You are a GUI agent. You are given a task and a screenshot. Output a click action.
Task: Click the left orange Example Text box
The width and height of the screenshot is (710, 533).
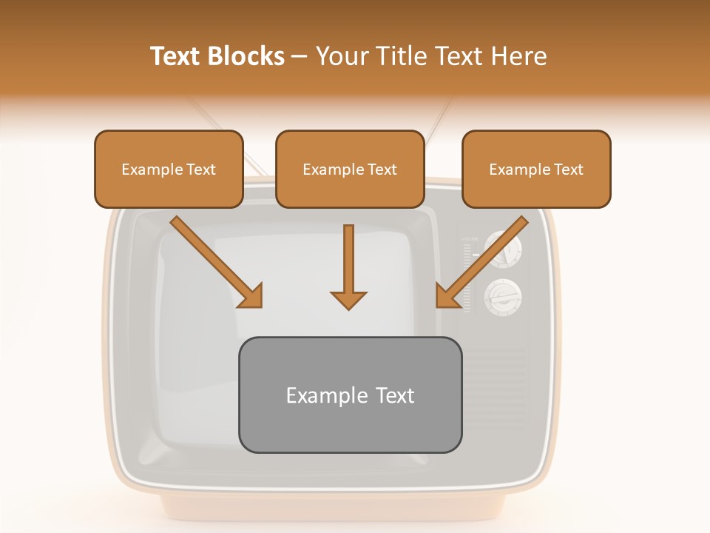tap(169, 169)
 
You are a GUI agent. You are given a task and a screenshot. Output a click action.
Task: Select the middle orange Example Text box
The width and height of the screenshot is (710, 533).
tap(350, 169)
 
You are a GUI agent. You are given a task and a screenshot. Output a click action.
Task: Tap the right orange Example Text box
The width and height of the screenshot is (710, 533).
tap(536, 169)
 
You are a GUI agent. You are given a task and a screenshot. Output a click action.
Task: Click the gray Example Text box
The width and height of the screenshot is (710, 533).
tap(350, 395)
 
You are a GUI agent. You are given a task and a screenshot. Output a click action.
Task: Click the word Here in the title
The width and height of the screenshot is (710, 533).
tap(520, 56)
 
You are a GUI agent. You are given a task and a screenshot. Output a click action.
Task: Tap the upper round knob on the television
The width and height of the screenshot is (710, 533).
tap(503, 250)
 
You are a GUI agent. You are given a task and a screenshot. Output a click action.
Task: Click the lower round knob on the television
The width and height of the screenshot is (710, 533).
tap(503, 296)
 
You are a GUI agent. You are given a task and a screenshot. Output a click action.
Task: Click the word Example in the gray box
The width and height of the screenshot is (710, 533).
tap(317, 396)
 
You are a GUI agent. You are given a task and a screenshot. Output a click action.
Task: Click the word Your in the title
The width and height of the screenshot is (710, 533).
tap(341, 56)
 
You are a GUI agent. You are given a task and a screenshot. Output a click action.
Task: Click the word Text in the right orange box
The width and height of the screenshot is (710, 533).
tap(568, 170)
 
